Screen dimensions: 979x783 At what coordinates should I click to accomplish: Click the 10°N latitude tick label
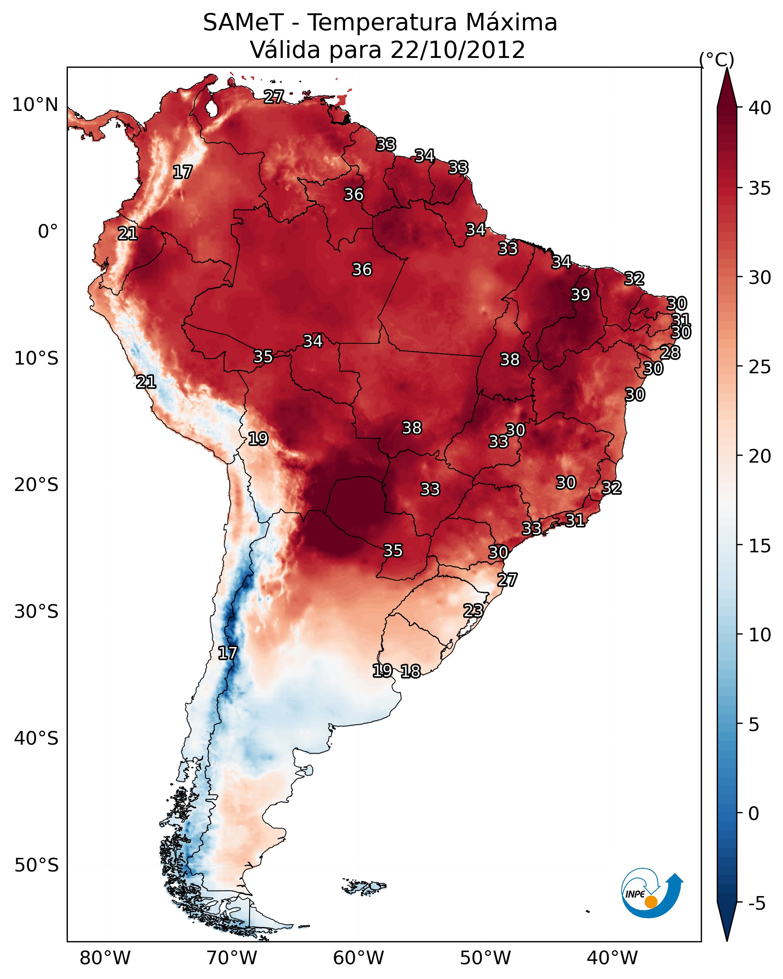click(x=35, y=105)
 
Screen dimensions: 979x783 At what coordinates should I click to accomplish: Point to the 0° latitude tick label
click(x=48, y=232)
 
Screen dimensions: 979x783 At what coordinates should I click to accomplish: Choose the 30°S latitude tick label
click(x=36, y=612)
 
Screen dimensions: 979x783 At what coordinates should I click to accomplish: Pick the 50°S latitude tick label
click(x=36, y=865)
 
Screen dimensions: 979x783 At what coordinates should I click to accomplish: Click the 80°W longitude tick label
click(x=105, y=958)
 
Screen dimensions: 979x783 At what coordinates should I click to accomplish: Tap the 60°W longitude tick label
click(x=359, y=958)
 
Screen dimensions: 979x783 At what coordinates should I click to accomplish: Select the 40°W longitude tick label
click(x=612, y=958)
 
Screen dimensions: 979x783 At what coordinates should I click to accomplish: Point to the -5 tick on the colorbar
click(x=756, y=904)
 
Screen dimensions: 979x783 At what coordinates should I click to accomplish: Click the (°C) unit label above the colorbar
click(x=717, y=59)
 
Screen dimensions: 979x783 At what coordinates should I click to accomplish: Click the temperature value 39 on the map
click(x=580, y=295)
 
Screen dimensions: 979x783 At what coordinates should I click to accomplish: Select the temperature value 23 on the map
click(x=473, y=610)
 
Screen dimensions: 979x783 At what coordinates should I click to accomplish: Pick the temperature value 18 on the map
click(x=411, y=671)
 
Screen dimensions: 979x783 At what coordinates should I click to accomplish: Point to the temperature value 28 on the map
click(x=670, y=352)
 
